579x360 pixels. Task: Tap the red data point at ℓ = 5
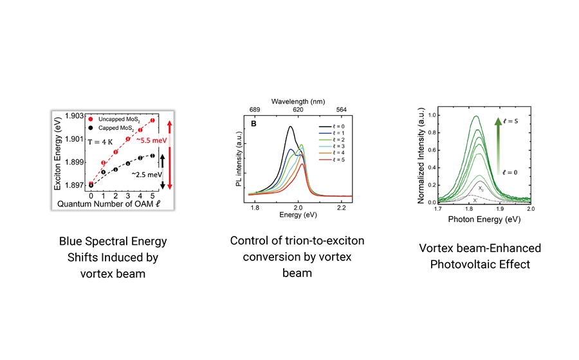[x=152, y=120]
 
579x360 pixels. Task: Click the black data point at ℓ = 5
[x=152, y=155]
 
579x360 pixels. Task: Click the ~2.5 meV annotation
[x=143, y=174]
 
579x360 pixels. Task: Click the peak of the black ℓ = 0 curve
[x=291, y=127]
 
